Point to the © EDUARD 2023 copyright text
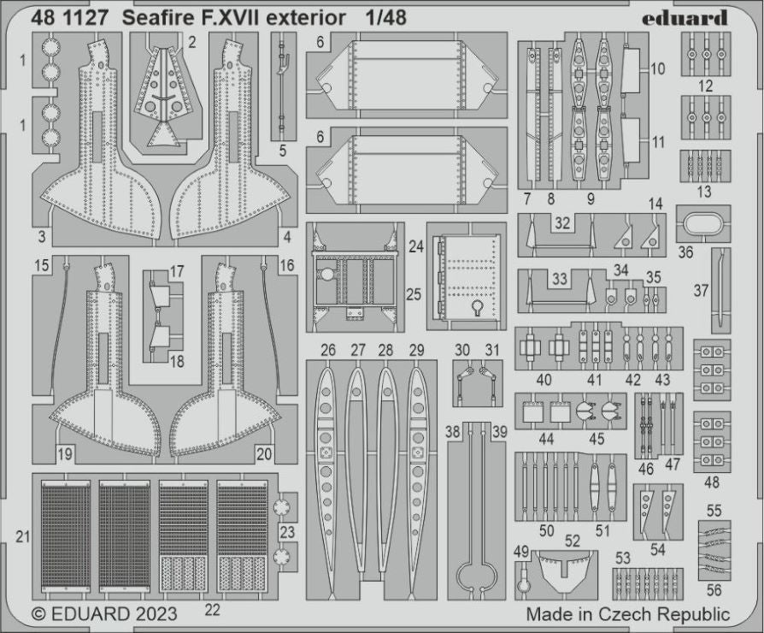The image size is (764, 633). click(x=104, y=614)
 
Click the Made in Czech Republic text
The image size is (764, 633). click(x=627, y=614)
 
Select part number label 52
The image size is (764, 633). click(x=572, y=541)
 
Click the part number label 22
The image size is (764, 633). click(x=212, y=609)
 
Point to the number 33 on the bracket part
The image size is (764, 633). click(x=560, y=279)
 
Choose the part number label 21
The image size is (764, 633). click(x=22, y=536)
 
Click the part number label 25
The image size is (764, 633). click(x=414, y=294)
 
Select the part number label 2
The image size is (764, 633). click(x=192, y=41)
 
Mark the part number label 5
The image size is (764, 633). click(x=282, y=151)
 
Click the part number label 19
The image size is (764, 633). click(x=64, y=453)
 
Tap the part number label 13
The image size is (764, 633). click(x=704, y=192)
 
